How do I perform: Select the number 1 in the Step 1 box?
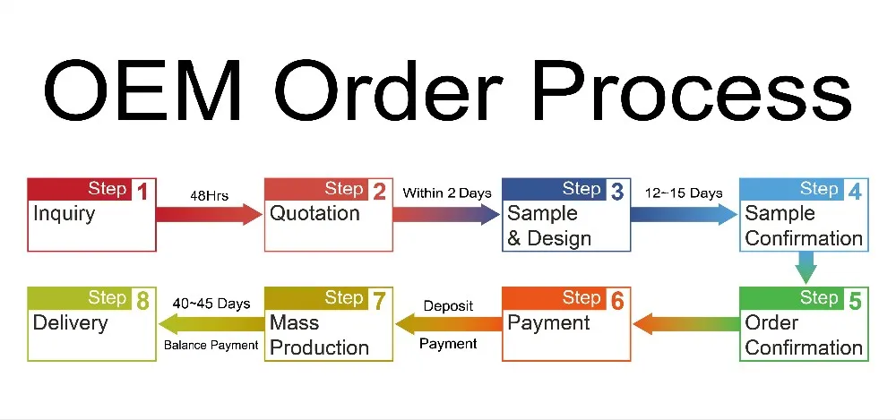142,192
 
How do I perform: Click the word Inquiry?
64,215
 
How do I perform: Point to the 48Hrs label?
209,196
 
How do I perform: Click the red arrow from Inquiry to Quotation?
209,214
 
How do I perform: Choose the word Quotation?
314,214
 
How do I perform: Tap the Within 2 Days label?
447,193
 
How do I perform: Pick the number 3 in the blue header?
616,192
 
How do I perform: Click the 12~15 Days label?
684,193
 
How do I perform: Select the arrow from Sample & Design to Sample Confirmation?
684,214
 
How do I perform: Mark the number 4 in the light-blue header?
854,192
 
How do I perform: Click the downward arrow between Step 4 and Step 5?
806,268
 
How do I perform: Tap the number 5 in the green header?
854,301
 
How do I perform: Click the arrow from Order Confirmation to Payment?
685,324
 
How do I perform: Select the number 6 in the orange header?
616,301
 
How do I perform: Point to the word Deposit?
449,307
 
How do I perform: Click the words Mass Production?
319,335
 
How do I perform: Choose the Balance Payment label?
211,345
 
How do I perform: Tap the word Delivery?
70,323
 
